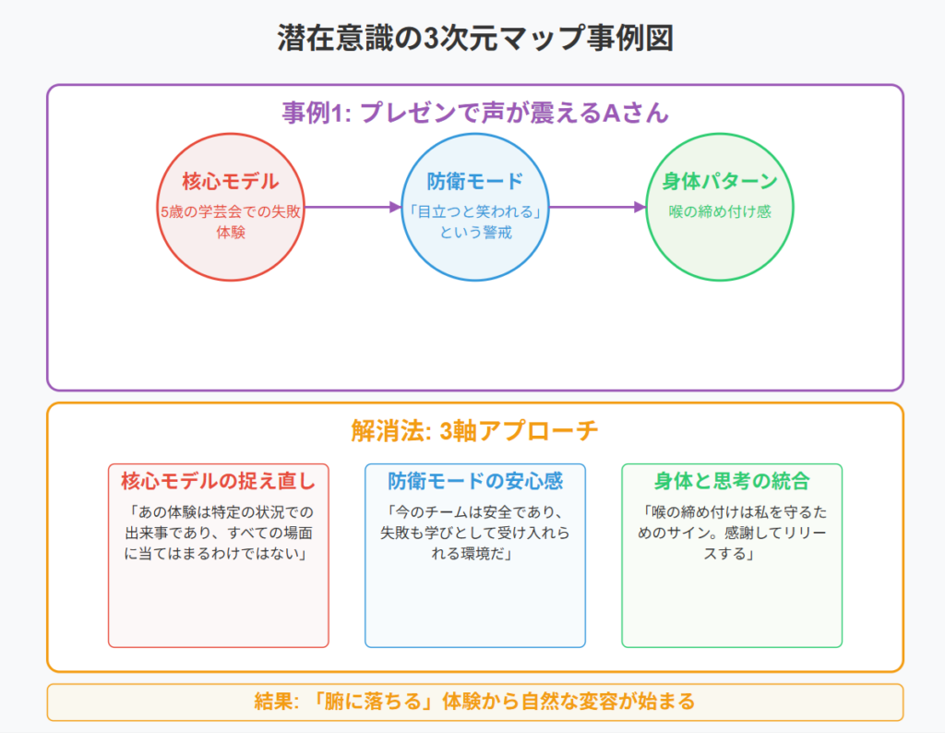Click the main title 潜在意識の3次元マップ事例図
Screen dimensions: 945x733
[x=475, y=37]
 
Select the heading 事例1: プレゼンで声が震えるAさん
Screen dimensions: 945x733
[x=475, y=113]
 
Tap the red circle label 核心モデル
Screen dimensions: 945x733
[x=230, y=181]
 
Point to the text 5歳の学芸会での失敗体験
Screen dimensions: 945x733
[x=230, y=222]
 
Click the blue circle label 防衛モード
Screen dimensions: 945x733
[x=475, y=181]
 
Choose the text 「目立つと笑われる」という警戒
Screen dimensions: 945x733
[x=475, y=222]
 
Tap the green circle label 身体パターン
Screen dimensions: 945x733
[x=720, y=181]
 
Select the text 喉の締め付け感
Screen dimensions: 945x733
[x=720, y=211]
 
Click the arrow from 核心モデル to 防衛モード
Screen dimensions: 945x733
[x=353, y=208]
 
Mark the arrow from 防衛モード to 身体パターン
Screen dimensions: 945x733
[x=597, y=208]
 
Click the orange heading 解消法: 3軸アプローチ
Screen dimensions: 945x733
[x=475, y=431]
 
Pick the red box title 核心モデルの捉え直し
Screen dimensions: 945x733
[x=218, y=481]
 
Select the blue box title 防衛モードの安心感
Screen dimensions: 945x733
[x=475, y=481]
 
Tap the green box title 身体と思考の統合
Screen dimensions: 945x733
[x=732, y=481]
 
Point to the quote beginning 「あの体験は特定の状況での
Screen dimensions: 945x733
[x=218, y=533]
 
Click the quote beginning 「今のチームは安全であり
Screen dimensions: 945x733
[x=475, y=533]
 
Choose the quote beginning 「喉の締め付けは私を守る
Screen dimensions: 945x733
[x=732, y=533]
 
